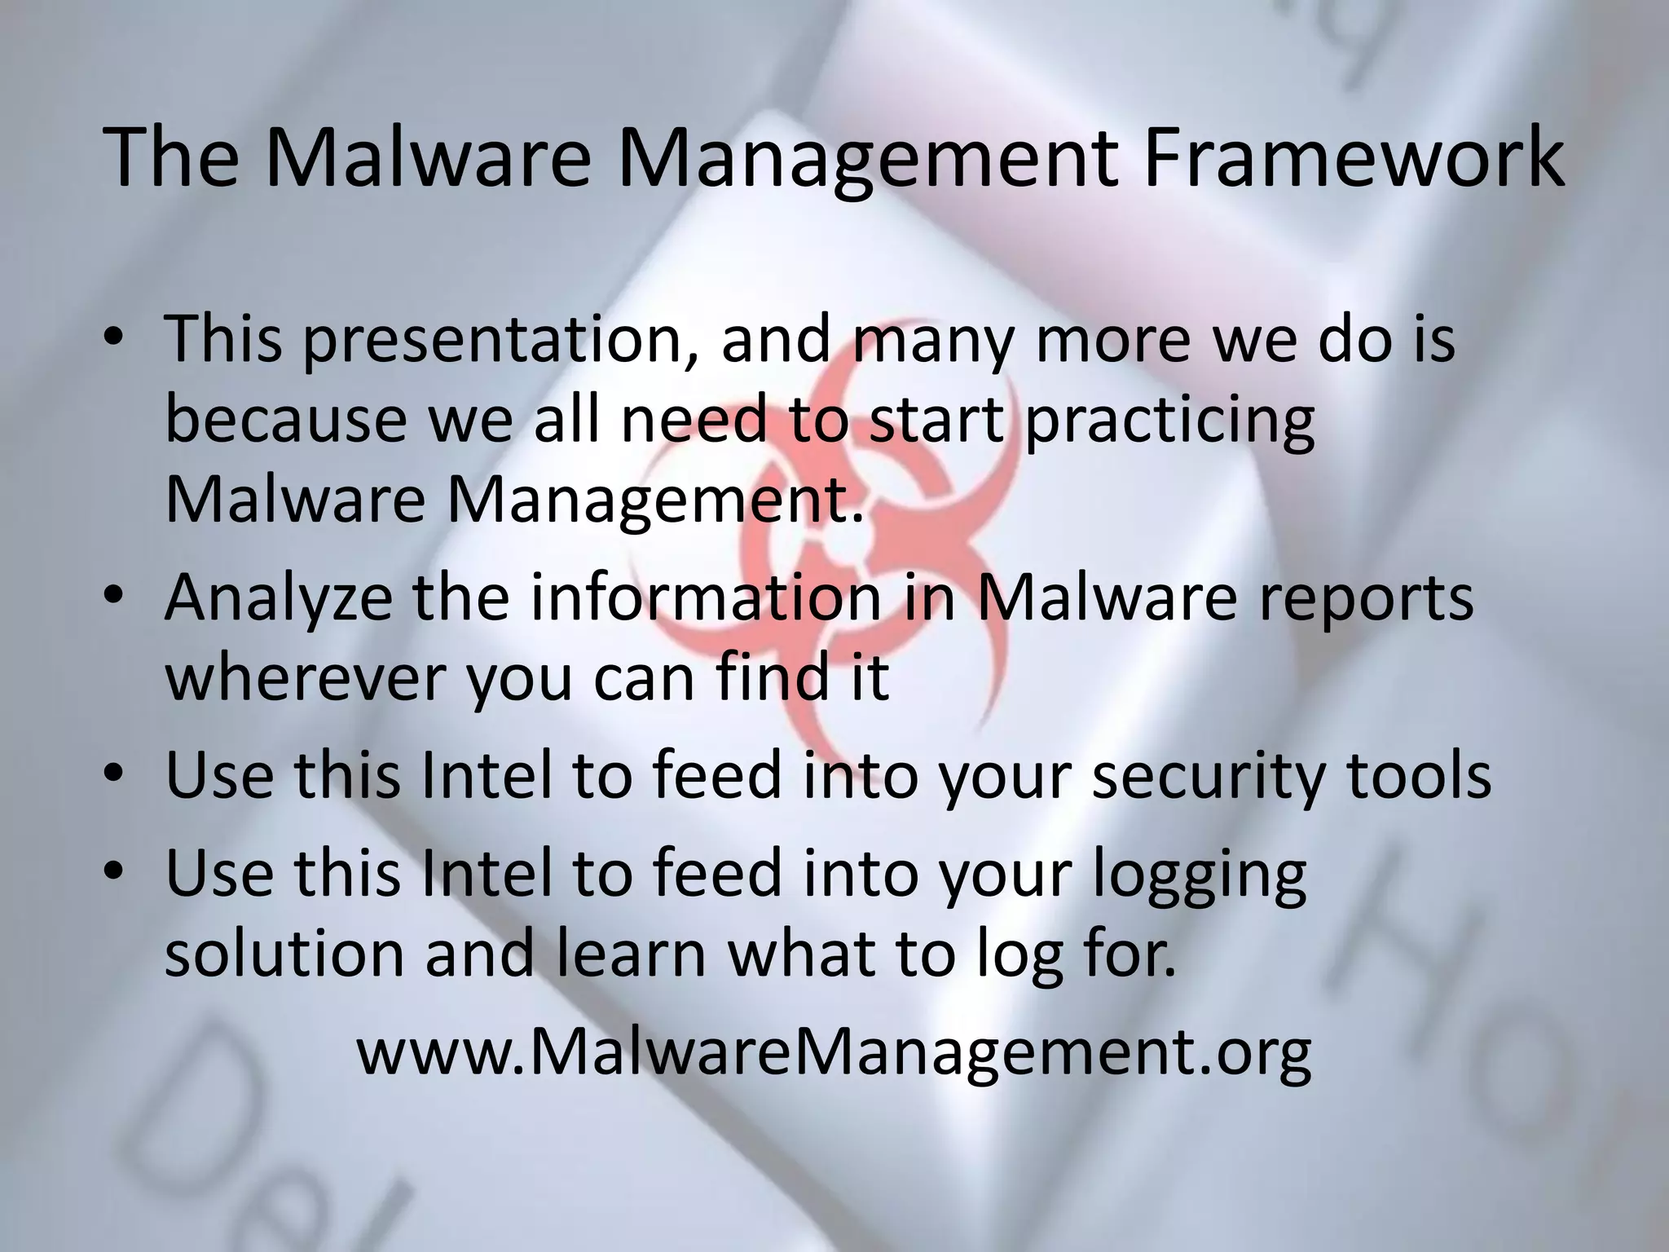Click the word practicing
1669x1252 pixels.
click(1169, 421)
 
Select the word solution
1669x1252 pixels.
click(284, 953)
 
